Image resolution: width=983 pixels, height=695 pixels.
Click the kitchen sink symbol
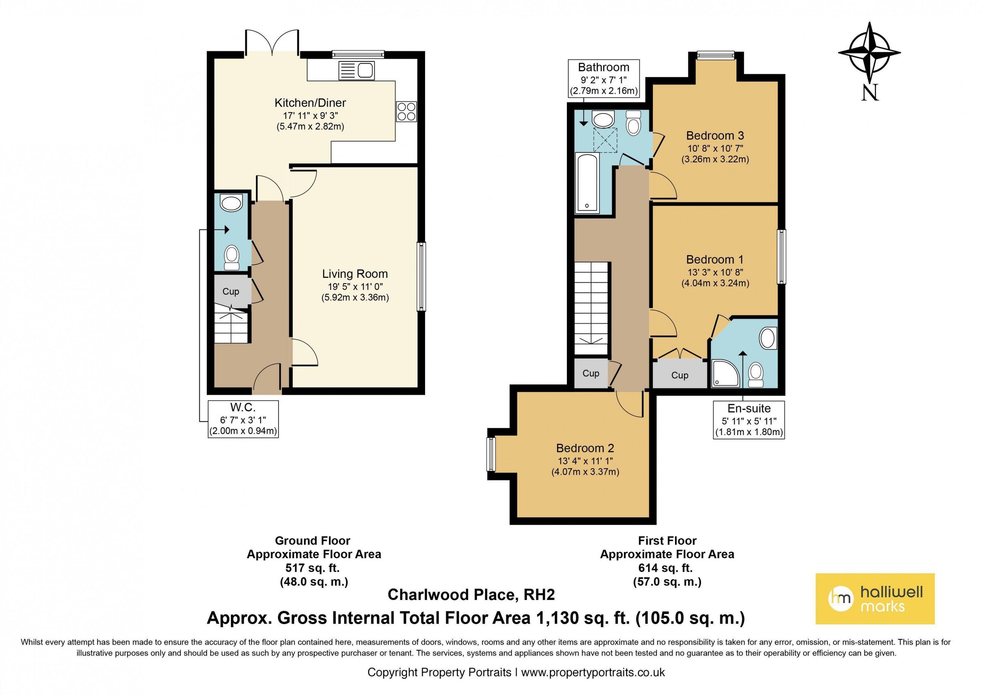pyautogui.click(x=357, y=70)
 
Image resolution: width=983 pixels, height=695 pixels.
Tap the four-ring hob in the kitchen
pyautogui.click(x=406, y=111)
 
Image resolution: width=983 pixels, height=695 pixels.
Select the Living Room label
pyautogui.click(x=355, y=274)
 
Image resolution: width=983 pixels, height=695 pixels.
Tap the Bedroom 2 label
pyautogui.click(x=585, y=448)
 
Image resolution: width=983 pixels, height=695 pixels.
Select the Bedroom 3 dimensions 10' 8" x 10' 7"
pyautogui.click(x=715, y=149)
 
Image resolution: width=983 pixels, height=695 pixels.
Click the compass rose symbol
pyautogui.click(x=869, y=53)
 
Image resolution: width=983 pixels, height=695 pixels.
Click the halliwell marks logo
pyautogui.click(x=875, y=599)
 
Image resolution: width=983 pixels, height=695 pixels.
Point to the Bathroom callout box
pyautogui.click(x=603, y=78)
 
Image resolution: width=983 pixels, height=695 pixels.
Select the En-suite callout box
pyautogui.click(x=749, y=420)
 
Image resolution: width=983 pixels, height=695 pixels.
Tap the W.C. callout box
pyautogui.click(x=243, y=419)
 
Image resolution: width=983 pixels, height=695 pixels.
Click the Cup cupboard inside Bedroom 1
pyautogui.click(x=679, y=375)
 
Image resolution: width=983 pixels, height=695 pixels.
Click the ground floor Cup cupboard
pyautogui.click(x=231, y=292)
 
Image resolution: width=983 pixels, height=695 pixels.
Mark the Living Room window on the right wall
pyautogui.click(x=421, y=276)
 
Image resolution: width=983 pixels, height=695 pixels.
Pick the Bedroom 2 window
pyautogui.click(x=491, y=454)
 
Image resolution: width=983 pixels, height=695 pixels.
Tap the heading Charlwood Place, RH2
pyautogui.click(x=471, y=595)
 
